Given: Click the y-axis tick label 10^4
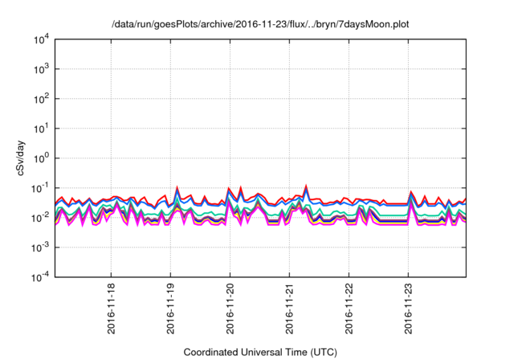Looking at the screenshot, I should point(41,39).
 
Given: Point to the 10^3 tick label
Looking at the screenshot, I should point(41,69).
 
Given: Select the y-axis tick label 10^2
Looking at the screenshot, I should point(41,99).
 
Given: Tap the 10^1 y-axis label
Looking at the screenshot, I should point(41,129).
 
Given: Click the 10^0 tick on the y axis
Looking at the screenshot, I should point(41,158).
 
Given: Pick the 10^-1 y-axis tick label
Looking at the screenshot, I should point(40,188).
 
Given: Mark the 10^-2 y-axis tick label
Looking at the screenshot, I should point(40,218).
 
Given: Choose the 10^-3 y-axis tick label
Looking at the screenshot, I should point(40,247).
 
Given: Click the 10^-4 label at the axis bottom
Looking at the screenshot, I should point(40,277).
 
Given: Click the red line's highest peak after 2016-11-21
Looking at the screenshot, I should point(306,186).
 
